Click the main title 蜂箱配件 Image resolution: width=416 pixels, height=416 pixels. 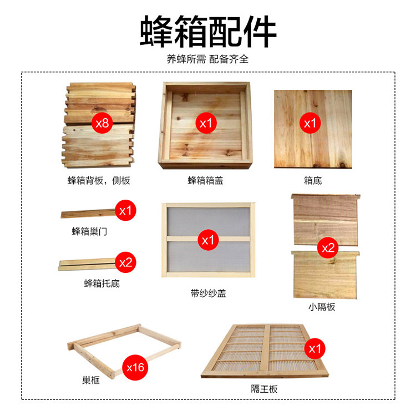[x=207, y=31]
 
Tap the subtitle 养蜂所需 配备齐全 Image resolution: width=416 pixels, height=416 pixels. [x=207, y=59]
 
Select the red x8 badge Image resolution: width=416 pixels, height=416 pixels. [x=102, y=123]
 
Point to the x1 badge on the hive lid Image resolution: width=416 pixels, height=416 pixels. [x=206, y=123]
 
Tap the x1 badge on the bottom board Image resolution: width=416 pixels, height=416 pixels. [x=310, y=123]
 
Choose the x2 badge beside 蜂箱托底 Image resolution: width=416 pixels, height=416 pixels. [x=126, y=262]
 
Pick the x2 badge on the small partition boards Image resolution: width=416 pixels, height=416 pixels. [x=328, y=248]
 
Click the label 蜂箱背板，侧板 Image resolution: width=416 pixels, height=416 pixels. [x=99, y=180]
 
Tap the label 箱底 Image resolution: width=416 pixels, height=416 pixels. [x=312, y=180]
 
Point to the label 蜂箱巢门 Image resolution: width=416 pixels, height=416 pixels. [x=89, y=231]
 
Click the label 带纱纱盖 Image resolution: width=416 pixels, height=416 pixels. [x=207, y=293]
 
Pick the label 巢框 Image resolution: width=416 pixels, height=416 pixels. [x=89, y=382]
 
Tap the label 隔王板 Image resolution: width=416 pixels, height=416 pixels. [x=264, y=389]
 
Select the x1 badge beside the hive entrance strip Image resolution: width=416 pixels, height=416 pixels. [x=126, y=211]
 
